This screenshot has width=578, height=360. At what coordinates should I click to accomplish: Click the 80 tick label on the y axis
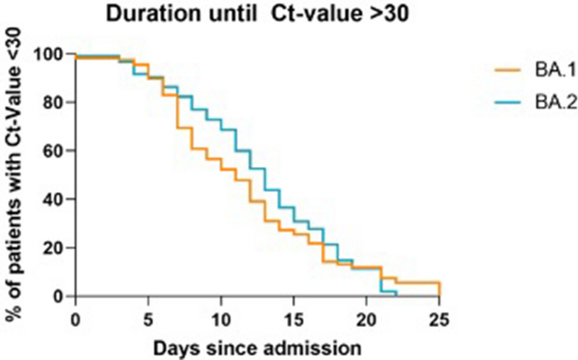(54, 103)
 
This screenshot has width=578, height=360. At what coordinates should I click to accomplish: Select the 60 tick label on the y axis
(54, 152)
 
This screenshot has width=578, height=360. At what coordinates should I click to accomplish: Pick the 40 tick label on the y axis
(54, 200)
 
